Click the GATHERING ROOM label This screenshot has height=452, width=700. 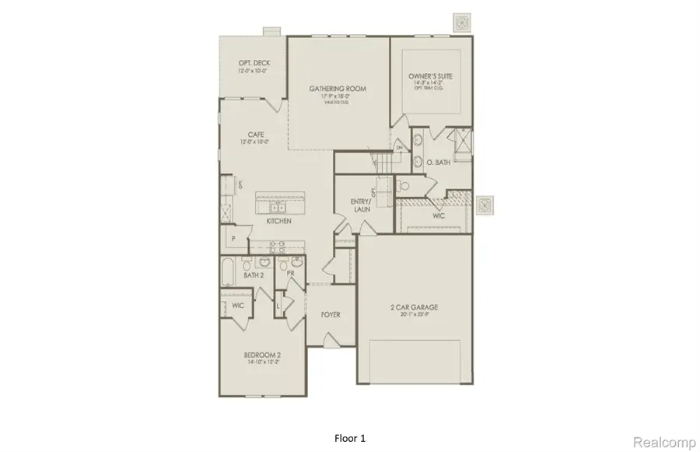pos(338,89)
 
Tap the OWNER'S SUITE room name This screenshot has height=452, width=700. pos(430,76)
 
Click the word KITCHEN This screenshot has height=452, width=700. pos(278,222)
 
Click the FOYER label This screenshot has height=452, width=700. pos(331,314)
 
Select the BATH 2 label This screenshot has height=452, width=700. pos(253,275)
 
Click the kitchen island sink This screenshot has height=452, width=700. pos(278,206)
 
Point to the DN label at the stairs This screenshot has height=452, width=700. pos(398,147)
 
